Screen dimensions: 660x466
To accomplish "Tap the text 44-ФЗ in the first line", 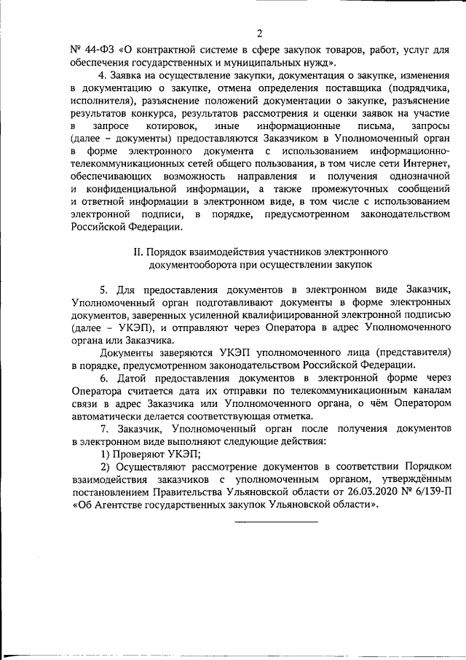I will (x=99, y=50).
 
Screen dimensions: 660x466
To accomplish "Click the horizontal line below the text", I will (x=275, y=522).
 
